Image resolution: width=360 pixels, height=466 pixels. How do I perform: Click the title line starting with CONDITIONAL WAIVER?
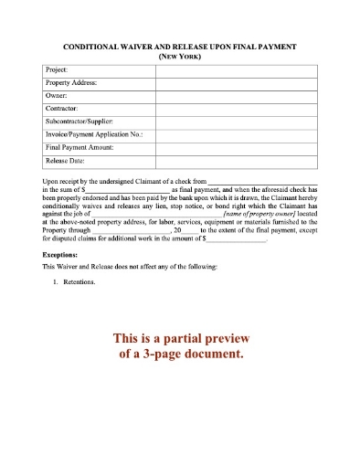point(179,45)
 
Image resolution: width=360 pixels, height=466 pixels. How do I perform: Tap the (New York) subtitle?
point(179,55)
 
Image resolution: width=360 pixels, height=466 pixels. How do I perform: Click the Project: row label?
point(57,69)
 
